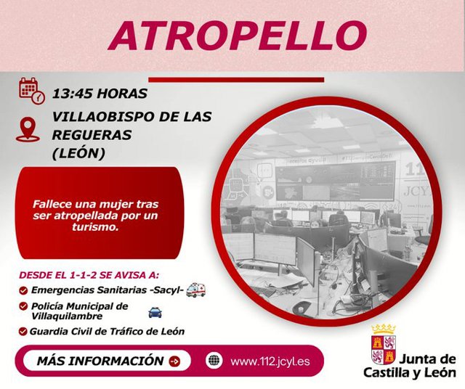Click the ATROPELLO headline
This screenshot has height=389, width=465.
tap(238, 36)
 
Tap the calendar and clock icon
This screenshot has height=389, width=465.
tap(32, 91)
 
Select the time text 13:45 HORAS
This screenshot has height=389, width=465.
tap(100, 94)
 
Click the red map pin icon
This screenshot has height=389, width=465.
tap(28, 129)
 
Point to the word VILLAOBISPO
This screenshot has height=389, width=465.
tap(103, 117)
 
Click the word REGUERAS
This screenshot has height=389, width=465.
tap(92, 135)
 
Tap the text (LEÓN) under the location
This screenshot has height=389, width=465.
tap(78, 153)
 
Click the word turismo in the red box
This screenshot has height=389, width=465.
tap(95, 227)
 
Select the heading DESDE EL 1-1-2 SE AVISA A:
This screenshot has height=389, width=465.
tap(89, 275)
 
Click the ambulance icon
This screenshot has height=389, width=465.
tap(195, 290)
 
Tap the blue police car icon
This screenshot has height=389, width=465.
tap(155, 313)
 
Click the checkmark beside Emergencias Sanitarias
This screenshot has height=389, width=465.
tap(23, 290)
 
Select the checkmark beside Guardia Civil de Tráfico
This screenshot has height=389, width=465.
tap(23, 331)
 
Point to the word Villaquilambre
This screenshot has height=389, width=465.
tap(67, 316)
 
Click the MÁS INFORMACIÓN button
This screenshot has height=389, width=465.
tap(107, 361)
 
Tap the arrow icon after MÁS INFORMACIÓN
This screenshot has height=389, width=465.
tap(174, 361)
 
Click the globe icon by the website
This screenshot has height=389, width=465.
tap(214, 361)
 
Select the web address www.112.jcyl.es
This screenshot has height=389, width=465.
tap(270, 361)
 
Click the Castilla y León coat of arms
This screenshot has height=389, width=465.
tap(384, 345)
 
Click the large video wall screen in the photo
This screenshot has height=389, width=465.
tap(335, 181)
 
